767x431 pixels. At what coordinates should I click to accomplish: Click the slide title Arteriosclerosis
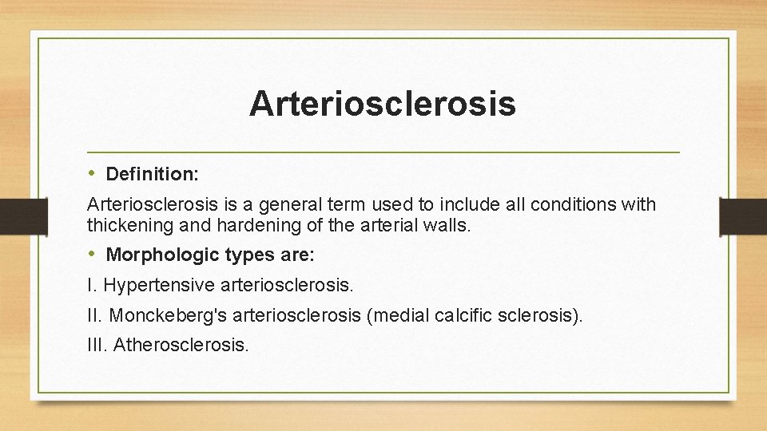coord(382,104)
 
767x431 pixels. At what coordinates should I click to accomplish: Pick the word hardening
coord(211,225)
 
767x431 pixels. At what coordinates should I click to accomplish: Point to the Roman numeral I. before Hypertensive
coord(91,284)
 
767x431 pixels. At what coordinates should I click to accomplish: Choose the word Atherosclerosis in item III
coord(181,345)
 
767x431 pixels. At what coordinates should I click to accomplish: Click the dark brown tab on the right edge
coord(743,215)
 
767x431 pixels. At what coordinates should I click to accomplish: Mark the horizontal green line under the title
coord(383,152)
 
